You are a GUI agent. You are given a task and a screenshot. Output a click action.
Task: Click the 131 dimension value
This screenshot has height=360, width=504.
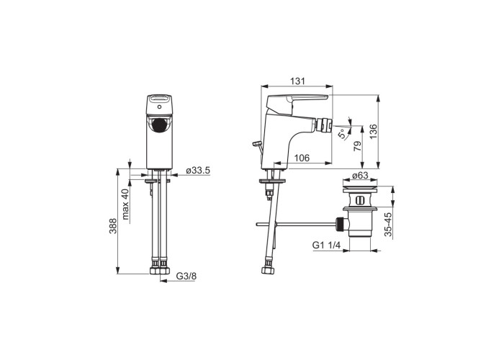pyautogui.click(x=297, y=81)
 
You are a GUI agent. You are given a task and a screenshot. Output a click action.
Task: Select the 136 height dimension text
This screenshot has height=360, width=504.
pyautogui.click(x=373, y=132)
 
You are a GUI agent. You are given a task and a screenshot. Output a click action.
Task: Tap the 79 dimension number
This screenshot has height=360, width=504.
pyautogui.click(x=357, y=146)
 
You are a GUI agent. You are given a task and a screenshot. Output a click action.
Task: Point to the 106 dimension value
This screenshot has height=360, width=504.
pyautogui.click(x=302, y=158)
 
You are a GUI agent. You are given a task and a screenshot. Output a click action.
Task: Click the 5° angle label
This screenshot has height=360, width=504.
pyautogui.click(x=343, y=133)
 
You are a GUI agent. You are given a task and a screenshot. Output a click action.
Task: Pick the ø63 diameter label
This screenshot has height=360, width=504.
pyautogui.click(x=360, y=176)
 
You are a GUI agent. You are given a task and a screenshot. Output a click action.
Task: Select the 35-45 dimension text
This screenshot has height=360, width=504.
pyautogui.click(x=388, y=225)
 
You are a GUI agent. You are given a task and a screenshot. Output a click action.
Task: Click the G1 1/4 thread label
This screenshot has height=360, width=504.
pyautogui.click(x=326, y=246)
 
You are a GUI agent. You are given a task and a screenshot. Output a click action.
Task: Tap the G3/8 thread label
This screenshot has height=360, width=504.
pyautogui.click(x=186, y=276)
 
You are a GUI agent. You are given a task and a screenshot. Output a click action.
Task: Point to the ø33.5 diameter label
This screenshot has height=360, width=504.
pyautogui.click(x=198, y=171)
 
